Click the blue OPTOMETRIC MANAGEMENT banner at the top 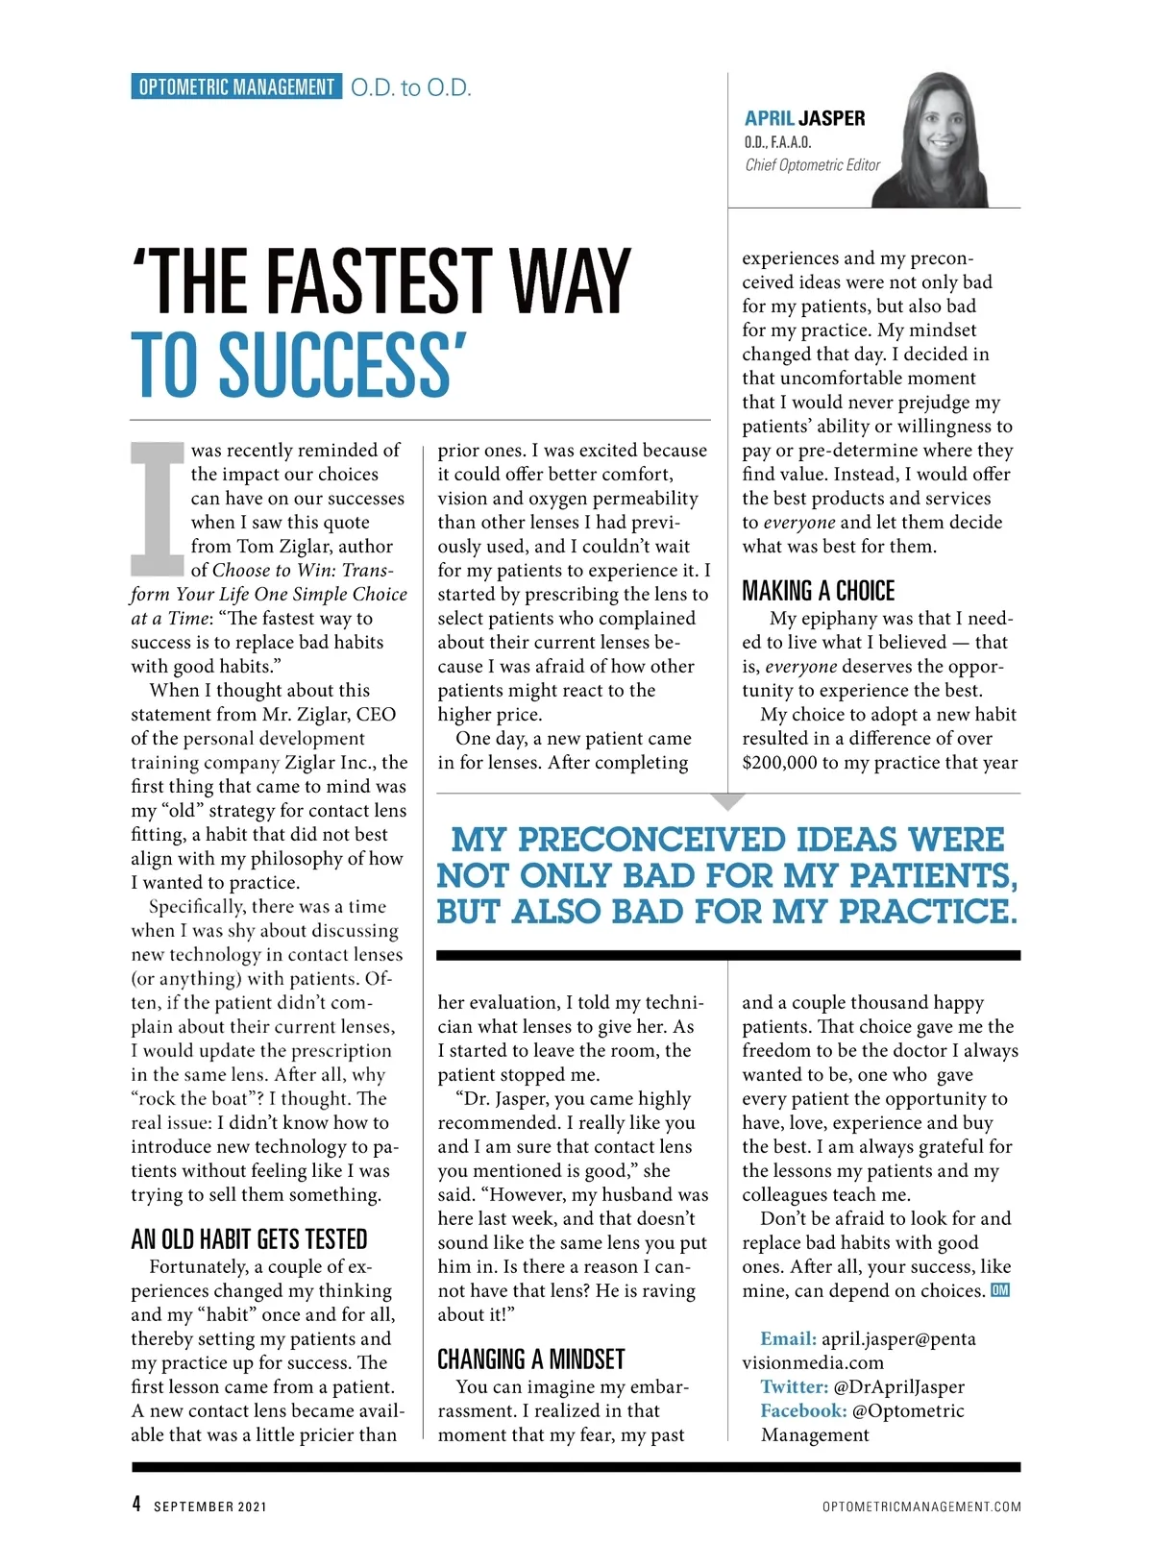pos(235,87)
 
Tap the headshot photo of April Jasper pos(943,139)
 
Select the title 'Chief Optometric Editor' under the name pos(812,165)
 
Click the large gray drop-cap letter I pos(157,508)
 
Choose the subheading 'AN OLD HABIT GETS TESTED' pos(249,1239)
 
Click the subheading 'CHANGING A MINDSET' pos(530,1359)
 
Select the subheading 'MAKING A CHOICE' pos(818,591)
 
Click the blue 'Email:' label pos(788,1339)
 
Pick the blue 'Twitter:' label pos(794,1387)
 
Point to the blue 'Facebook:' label pos(803,1411)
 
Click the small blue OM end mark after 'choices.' pos(1000,1290)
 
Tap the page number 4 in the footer pos(136,1505)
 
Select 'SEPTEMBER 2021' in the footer pos(210,1506)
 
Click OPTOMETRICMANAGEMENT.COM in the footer pos(921,1506)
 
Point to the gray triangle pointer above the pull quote pos(729,800)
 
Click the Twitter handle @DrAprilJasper pos(899,1387)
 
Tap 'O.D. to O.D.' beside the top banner pos(410,88)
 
